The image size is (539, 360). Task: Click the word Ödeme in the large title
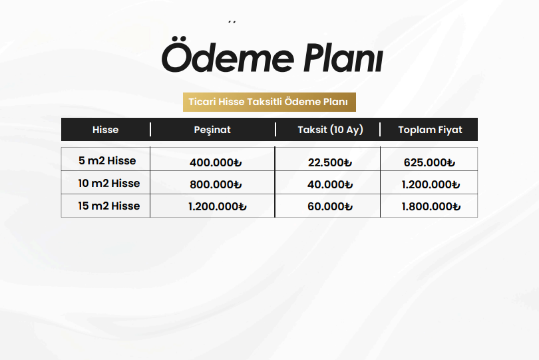pyautogui.click(x=228, y=55)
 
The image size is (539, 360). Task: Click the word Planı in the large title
pyautogui.click(x=343, y=57)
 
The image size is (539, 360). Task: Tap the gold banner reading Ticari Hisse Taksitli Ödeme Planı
pyautogui.click(x=269, y=102)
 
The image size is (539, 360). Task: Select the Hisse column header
pyautogui.click(x=106, y=130)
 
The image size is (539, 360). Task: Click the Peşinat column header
pyautogui.click(x=212, y=130)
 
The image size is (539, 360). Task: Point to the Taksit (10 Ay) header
pyautogui.click(x=330, y=130)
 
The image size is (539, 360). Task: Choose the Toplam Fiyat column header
pyautogui.click(x=430, y=130)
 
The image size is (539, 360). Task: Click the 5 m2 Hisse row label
pyautogui.click(x=107, y=160)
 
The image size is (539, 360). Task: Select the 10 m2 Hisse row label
pyautogui.click(x=108, y=183)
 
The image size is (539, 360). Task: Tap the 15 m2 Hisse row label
pyautogui.click(x=108, y=206)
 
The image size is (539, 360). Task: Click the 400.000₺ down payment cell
pyautogui.click(x=216, y=162)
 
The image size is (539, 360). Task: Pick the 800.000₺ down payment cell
pyautogui.click(x=216, y=184)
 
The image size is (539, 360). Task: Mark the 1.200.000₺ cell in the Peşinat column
pyautogui.click(x=217, y=207)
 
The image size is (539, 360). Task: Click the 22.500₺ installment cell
pyautogui.click(x=329, y=162)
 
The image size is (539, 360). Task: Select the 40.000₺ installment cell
pyautogui.click(x=330, y=184)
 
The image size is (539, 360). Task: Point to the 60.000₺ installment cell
pyautogui.click(x=330, y=207)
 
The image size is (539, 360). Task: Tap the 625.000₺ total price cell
pyautogui.click(x=429, y=162)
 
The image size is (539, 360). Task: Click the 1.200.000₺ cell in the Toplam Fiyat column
pyautogui.click(x=431, y=184)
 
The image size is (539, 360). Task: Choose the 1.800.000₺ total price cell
pyautogui.click(x=431, y=207)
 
